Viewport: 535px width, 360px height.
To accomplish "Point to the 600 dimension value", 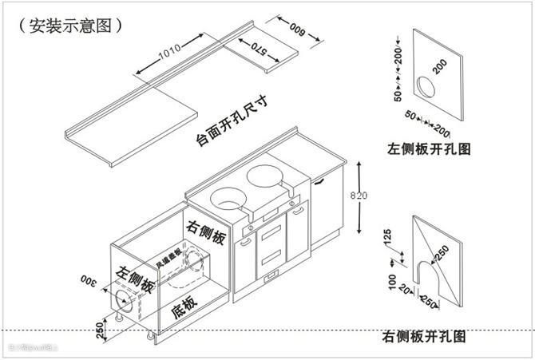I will click(x=299, y=29).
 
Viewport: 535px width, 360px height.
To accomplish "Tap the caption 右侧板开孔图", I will click(x=424, y=336).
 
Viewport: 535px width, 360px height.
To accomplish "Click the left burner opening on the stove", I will click(x=228, y=195).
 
